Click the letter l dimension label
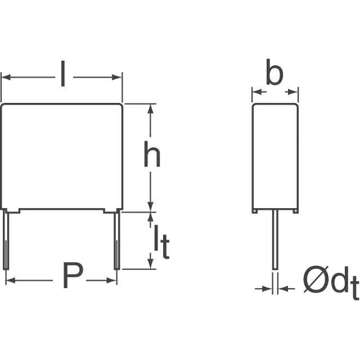tap(63, 74)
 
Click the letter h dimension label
tap(152, 154)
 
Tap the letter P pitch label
tap(73, 275)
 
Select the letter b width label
tap(274, 72)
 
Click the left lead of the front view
tap(6, 240)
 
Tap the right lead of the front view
tap(117, 240)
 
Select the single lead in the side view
tap(275, 240)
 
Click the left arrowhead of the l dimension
tap(6, 78)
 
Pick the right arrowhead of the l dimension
tap(116, 78)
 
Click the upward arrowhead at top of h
tap(150, 109)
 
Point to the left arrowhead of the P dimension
tap(10, 280)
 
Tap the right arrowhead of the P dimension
tap(111, 280)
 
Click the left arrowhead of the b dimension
tap(257, 92)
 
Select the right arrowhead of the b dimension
tap(293, 92)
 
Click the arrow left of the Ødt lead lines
tap(264, 289)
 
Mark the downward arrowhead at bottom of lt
tap(150, 264)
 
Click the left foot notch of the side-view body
tap(254, 211)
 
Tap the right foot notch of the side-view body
tap(296, 211)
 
